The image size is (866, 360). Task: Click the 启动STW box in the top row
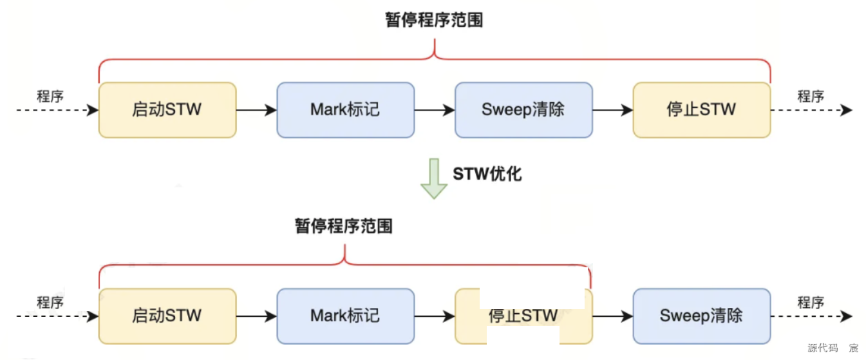coord(167,110)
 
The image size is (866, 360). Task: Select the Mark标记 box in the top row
coord(345,110)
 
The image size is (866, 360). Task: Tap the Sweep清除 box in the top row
coord(523,110)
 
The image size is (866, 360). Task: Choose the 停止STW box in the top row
coord(701,110)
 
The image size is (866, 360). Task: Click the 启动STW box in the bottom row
coord(167,316)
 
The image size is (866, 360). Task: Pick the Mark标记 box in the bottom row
coord(345,316)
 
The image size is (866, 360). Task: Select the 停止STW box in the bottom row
coord(523,316)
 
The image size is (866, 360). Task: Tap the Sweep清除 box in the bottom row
coord(701,316)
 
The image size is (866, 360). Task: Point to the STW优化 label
coord(487,174)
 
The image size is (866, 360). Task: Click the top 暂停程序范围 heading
coord(434,21)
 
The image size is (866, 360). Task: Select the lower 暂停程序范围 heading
coord(344,227)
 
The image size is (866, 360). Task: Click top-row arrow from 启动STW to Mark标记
coord(256,110)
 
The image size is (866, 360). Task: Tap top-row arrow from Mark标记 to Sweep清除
coord(435,110)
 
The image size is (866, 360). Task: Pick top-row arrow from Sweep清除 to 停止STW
coord(612,110)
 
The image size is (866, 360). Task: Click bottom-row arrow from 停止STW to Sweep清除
coord(612,316)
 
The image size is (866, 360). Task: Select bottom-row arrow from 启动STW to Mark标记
coord(256,316)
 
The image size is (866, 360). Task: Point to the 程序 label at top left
coord(50,97)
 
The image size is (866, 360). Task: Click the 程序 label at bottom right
coord(811,303)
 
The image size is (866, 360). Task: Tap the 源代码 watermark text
coord(823,348)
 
